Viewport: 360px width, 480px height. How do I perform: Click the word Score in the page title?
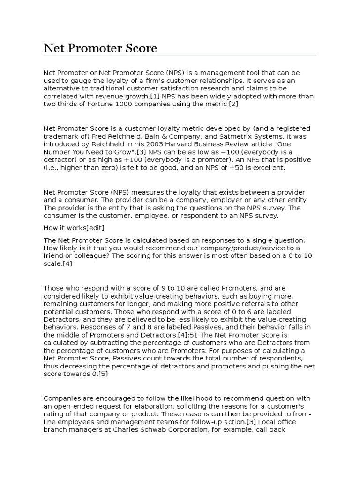click(x=139, y=48)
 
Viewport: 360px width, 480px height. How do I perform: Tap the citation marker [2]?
click(x=232, y=104)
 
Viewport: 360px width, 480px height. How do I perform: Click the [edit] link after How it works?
click(x=95, y=228)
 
